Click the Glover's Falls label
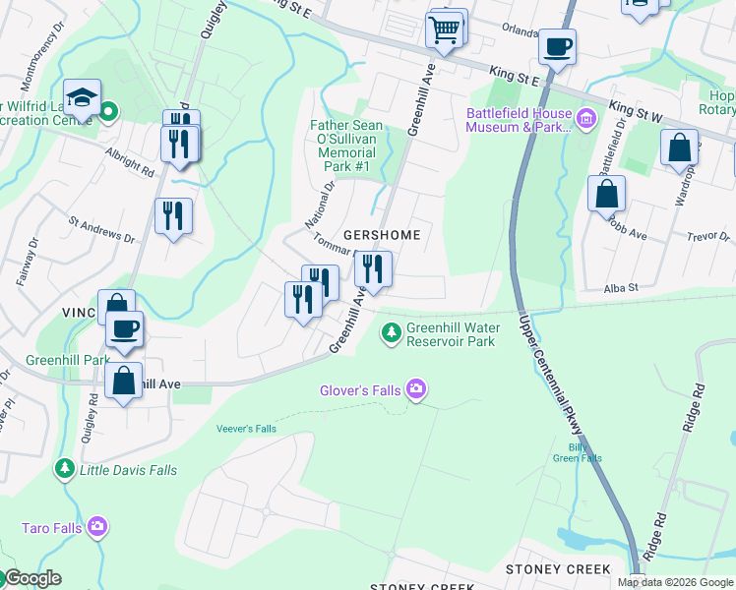click(360, 390)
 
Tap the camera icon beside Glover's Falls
click(416, 390)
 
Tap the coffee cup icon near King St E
click(557, 46)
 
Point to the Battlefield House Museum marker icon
click(586, 120)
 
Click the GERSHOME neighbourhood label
click(382, 235)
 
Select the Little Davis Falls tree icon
click(65, 470)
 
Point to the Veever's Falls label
click(246, 429)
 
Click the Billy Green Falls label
click(577, 451)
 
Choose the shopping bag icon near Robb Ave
click(606, 193)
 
